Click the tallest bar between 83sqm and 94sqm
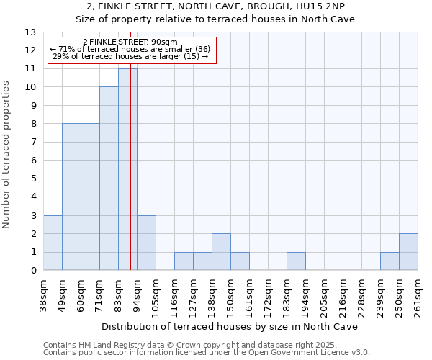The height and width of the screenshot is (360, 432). coord(127,169)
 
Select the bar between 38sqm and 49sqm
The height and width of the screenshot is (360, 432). coord(53,243)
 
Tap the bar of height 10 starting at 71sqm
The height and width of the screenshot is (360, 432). coord(109,179)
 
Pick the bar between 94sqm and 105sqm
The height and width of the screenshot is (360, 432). coord(146,243)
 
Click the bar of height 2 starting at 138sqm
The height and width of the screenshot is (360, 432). coord(221,252)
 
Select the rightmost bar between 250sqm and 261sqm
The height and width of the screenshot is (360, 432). coord(408,252)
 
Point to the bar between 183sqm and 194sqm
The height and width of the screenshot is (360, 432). coord(296,261)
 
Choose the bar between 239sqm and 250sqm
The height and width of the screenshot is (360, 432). coord(390,261)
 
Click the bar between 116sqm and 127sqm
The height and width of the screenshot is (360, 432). coord(184,261)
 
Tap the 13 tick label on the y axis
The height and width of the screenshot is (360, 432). coord(30,32)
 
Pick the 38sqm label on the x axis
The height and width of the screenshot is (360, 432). coord(43,297)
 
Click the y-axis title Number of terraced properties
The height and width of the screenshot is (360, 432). coord(6,155)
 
